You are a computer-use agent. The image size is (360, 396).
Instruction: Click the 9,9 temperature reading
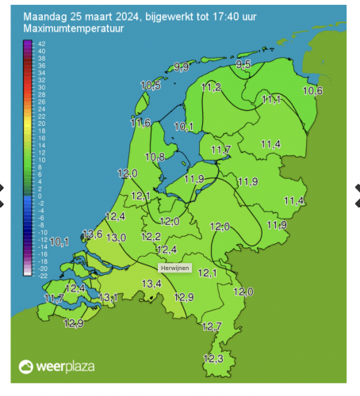click(x=182, y=68)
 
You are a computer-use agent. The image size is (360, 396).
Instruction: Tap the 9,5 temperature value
click(x=244, y=64)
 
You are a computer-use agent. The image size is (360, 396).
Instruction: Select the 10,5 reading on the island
click(x=151, y=85)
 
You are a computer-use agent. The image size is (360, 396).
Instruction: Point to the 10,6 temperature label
click(x=313, y=91)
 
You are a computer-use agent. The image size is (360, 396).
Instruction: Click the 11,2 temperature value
click(x=211, y=87)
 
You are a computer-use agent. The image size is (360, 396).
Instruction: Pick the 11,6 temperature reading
click(x=140, y=123)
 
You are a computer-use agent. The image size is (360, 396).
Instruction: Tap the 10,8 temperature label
click(x=155, y=157)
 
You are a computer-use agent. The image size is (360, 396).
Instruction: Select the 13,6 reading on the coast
click(x=93, y=234)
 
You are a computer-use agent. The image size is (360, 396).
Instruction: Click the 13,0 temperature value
click(x=117, y=238)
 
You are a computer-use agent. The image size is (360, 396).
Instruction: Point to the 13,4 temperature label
click(x=151, y=284)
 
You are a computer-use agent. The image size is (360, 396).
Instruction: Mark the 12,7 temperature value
click(x=212, y=326)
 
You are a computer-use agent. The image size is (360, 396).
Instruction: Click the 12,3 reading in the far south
click(x=213, y=359)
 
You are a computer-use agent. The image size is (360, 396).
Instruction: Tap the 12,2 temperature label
click(x=151, y=237)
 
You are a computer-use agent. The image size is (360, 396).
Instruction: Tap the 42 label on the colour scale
click(x=41, y=44)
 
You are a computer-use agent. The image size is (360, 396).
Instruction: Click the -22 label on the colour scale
click(x=41, y=275)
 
